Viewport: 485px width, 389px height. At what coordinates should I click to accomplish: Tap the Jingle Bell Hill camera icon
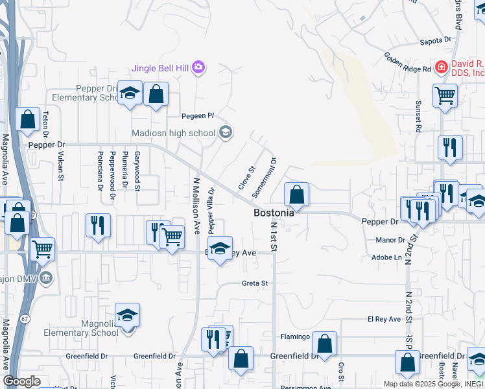click(x=198, y=67)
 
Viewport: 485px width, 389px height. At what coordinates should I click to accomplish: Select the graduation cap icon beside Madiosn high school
click(x=225, y=133)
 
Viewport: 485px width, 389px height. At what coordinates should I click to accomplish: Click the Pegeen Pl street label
click(x=197, y=116)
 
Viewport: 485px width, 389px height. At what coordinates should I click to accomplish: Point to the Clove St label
click(x=244, y=177)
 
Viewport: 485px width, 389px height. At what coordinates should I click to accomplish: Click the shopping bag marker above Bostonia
click(x=296, y=194)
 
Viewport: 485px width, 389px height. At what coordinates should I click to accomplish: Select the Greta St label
click(x=255, y=283)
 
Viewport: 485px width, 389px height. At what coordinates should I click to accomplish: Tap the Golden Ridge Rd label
click(x=408, y=63)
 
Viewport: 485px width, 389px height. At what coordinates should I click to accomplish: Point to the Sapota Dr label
click(x=436, y=40)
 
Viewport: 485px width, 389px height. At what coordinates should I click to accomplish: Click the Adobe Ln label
click(x=388, y=257)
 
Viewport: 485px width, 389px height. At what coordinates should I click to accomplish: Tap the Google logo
click(x=21, y=381)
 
